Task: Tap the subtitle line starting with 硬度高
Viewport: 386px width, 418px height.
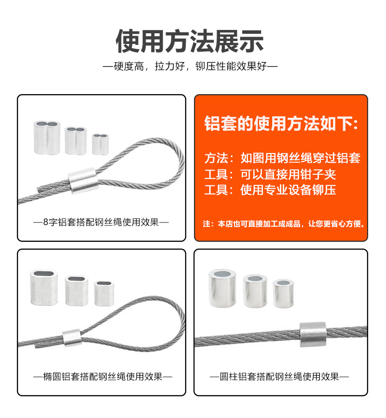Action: pos(190,66)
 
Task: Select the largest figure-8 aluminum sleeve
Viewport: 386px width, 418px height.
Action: pos(47,137)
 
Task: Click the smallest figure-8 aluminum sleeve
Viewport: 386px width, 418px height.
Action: pos(100,143)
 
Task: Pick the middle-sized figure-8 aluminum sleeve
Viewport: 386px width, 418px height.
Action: pos(76,140)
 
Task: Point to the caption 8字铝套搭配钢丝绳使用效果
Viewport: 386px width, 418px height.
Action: pos(101,223)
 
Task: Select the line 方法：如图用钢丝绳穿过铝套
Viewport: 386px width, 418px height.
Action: pos(282,158)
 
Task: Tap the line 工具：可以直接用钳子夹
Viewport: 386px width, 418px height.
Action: pos(270,174)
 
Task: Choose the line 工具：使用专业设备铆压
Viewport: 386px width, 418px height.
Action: pos(270,190)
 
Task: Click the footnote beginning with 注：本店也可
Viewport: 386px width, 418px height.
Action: pos(284,224)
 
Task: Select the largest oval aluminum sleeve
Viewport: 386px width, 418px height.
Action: pos(44,288)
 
